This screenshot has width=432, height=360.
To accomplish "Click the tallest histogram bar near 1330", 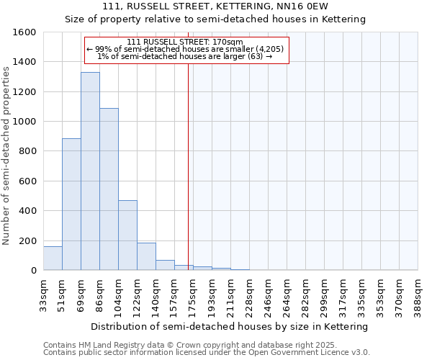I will point(90,171).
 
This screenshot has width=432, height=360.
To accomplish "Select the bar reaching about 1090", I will point(109,189).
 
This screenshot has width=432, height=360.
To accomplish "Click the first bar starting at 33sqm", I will point(53,258).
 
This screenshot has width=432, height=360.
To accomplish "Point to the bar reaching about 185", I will point(146,256).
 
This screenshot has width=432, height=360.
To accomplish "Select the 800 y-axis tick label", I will point(27,151).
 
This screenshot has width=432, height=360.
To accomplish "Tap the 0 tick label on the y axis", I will point(33,271).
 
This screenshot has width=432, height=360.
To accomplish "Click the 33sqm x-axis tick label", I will point(44,293).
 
